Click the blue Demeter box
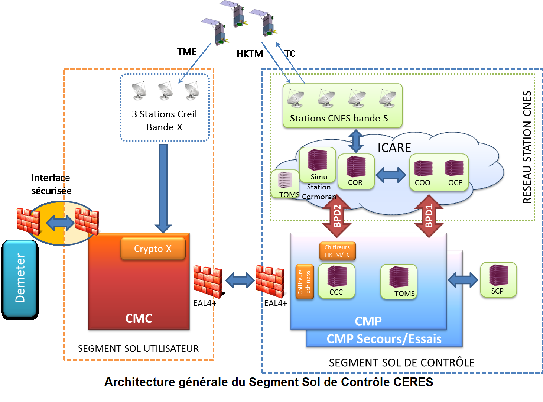point(20,279)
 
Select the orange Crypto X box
point(153,249)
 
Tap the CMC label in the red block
point(139,318)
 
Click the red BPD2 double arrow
point(337,216)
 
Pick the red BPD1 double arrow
point(429,216)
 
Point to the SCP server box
point(498,280)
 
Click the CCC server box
point(336,281)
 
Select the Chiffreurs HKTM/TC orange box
point(337,251)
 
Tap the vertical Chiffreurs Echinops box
point(305,281)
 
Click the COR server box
point(356,171)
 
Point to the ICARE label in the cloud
point(394,148)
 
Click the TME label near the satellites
point(186,52)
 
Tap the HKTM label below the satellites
point(250,54)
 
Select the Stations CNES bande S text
point(339,118)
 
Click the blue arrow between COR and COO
point(391,175)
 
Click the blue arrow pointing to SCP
point(463,280)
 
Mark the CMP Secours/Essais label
point(384,339)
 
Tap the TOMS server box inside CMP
point(399,282)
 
